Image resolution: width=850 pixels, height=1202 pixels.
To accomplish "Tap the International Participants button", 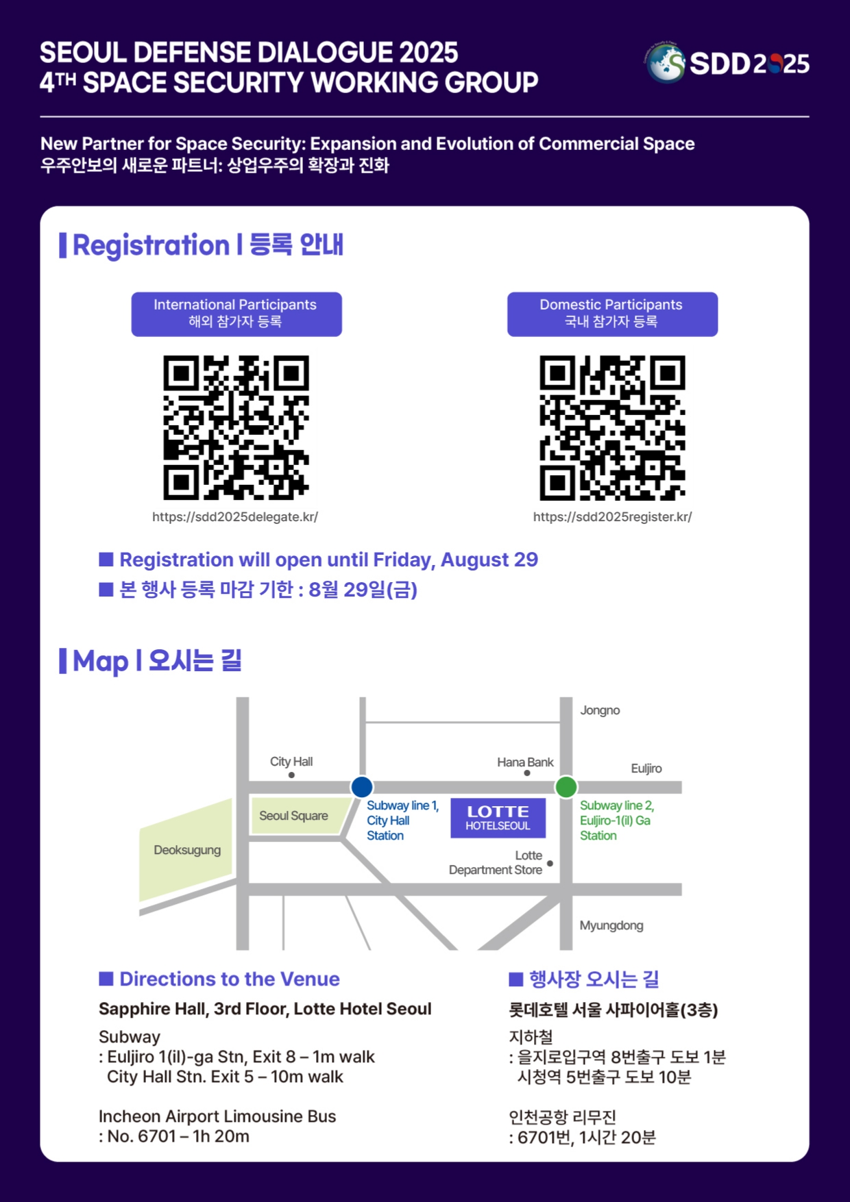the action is coord(236,314).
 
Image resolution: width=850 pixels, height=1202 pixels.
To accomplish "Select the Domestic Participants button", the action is coord(612,314).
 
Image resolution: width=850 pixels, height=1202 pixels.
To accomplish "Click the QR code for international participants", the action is coord(236,427).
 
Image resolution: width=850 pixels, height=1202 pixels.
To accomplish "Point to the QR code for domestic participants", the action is coord(612,427).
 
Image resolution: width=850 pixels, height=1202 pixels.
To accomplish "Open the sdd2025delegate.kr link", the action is coord(235,517).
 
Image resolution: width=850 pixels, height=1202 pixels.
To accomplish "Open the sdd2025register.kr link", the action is coord(613,517).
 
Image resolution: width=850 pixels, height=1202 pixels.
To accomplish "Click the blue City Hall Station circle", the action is coord(362,787).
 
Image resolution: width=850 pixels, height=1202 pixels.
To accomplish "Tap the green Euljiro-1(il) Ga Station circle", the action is coord(566,787).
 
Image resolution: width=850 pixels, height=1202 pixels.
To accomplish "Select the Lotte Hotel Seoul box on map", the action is coord(498,818).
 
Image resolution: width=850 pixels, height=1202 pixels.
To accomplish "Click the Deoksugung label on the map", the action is coord(187,850).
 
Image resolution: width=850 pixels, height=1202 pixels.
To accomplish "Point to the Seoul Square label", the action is coord(293,816).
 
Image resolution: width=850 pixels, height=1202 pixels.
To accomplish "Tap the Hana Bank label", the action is coord(525,762).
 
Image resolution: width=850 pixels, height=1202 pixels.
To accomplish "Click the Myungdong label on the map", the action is coord(611,926).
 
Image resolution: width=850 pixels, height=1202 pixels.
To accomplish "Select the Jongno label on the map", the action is coord(600,710).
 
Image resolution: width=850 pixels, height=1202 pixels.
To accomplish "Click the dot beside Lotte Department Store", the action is coord(550,864).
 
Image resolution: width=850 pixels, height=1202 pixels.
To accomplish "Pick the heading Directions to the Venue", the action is coord(230,979).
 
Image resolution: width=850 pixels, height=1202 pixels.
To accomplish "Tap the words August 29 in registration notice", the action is coord(489,560).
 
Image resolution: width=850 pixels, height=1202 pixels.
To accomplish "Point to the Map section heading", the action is coord(151,661).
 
